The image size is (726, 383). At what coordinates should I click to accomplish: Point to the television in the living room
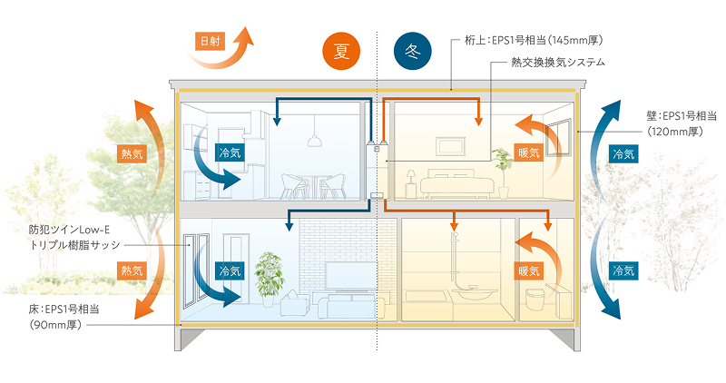(345, 275)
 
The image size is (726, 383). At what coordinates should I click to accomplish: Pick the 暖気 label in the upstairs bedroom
(528, 152)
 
